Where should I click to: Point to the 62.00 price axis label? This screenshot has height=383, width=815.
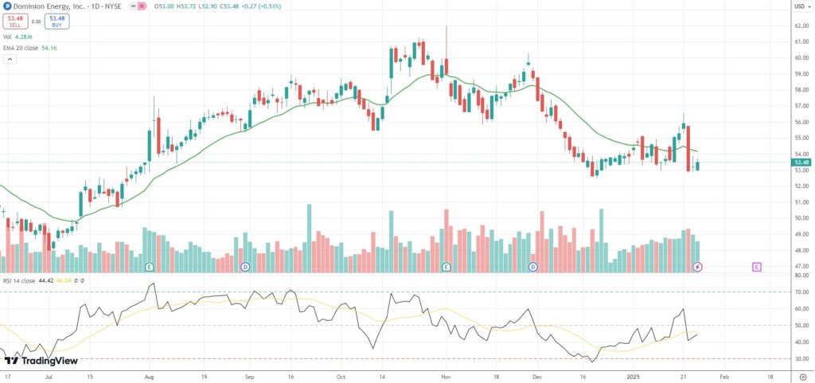click(x=801, y=25)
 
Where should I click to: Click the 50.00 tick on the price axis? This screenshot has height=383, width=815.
click(x=801, y=217)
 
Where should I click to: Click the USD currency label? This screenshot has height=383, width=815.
click(x=800, y=6)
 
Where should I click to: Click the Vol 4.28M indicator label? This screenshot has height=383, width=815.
click(x=18, y=37)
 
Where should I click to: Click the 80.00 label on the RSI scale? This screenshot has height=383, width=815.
click(x=801, y=276)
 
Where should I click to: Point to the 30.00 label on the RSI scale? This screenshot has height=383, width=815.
click(x=801, y=359)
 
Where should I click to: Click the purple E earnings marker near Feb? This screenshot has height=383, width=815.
click(x=757, y=266)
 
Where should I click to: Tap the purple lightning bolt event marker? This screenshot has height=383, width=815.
click(x=698, y=266)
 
